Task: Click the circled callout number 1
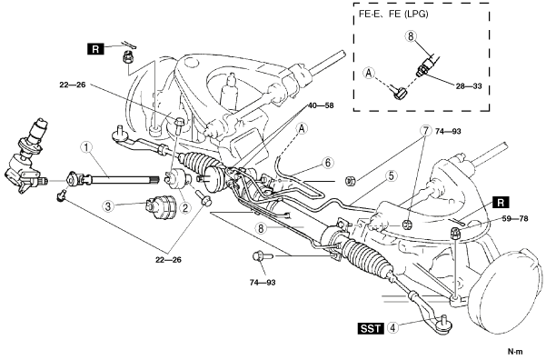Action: coord(86,147)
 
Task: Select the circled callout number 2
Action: coord(184,208)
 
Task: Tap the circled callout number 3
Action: coord(108,206)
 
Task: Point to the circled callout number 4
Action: coord(392,328)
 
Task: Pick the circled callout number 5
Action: coord(392,176)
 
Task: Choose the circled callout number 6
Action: coord(328,163)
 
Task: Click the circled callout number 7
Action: coord(425,131)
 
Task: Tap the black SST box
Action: coord(371,328)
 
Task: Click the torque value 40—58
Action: coord(321,105)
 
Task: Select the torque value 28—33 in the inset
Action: coord(469,85)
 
